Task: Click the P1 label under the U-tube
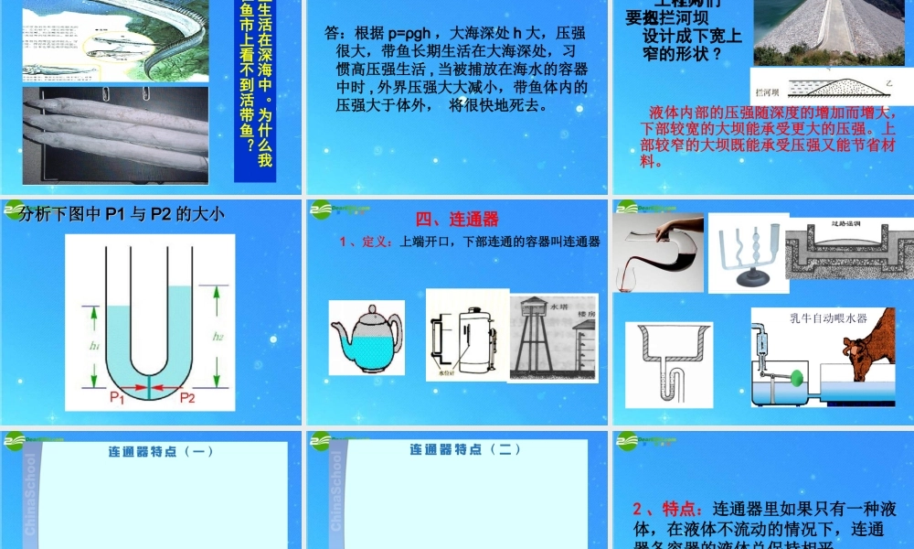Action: [117, 397]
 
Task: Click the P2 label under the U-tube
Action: [187, 397]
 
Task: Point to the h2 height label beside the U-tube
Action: [218, 336]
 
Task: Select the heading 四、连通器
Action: [457, 220]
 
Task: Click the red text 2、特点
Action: [666, 509]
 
